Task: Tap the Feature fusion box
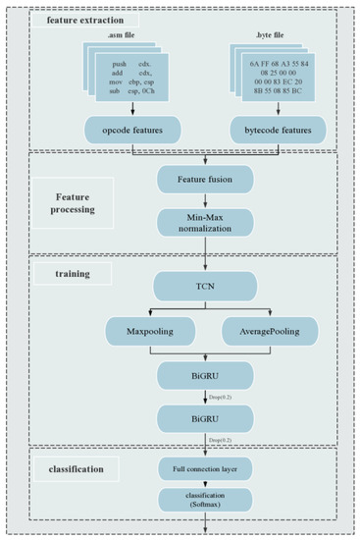(x=204, y=180)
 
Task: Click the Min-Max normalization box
(x=204, y=222)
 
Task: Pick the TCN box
(x=204, y=286)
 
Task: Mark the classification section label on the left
(x=75, y=469)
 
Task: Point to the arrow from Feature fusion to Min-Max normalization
(x=204, y=200)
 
